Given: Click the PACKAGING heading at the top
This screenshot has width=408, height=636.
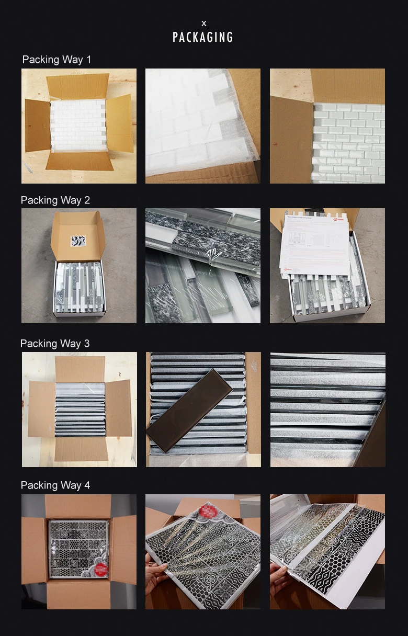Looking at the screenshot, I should pyautogui.click(x=203, y=37).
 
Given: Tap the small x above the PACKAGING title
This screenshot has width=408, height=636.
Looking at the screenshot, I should pyautogui.click(x=203, y=24).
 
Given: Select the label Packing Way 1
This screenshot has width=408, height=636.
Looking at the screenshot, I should pyautogui.click(x=56, y=60).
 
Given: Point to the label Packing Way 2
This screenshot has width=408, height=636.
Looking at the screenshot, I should pyautogui.click(x=55, y=200).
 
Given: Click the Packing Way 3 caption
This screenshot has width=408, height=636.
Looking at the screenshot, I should pyautogui.click(x=55, y=344).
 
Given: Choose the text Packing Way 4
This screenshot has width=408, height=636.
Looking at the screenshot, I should pyautogui.click(x=55, y=485).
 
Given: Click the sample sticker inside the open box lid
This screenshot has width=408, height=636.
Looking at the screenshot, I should pyautogui.click(x=78, y=241).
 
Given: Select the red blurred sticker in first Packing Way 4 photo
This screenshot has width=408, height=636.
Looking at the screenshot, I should pyautogui.click(x=101, y=569).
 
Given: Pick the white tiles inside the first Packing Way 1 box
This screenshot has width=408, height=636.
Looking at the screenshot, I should pyautogui.click(x=78, y=126).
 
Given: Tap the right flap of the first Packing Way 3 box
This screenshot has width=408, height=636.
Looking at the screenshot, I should pyautogui.click(x=119, y=408).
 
